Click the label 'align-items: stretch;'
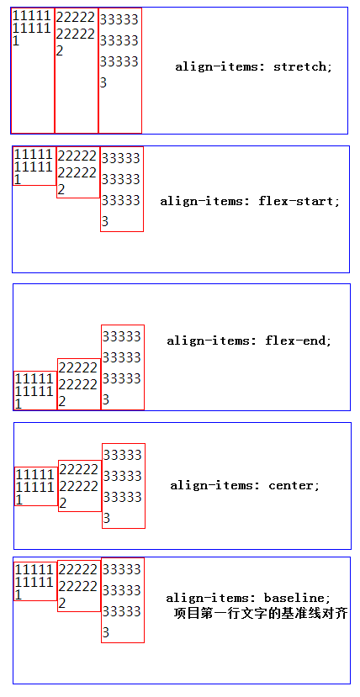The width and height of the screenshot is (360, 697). tap(253, 66)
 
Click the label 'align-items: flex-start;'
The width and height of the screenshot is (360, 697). tap(250, 201)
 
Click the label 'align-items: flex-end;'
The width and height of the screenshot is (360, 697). tap(249, 341)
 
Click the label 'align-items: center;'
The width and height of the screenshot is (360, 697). tap(245, 485)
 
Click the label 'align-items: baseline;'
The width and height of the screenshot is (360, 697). tap(248, 598)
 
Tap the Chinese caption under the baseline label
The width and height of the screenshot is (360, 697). tap(261, 614)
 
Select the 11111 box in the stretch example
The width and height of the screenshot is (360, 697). tap(33, 71)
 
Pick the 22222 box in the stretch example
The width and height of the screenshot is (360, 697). tap(77, 71)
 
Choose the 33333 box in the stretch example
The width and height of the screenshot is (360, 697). tap(119, 71)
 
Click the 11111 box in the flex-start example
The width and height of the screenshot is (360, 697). tap(34, 166)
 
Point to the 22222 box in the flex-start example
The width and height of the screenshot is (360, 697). tap(78, 172)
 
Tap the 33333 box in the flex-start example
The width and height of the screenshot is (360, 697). tap(121, 189)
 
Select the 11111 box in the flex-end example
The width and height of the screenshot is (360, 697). tap(34, 390)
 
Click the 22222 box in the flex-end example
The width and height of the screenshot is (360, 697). tap(78, 384)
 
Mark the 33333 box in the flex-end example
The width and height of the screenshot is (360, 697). tap(122, 367)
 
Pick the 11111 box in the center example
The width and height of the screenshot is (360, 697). tap(35, 486)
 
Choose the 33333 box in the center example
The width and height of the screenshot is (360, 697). tap(123, 486)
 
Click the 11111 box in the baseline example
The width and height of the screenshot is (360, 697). tap(34, 581)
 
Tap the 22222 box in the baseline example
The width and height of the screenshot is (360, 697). tap(78, 586)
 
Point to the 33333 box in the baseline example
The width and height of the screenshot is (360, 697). tap(122, 600)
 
